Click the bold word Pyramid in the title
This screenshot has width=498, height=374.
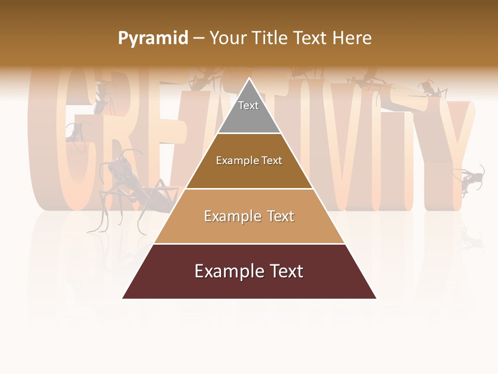[153, 38]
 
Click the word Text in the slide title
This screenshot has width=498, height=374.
[311, 38]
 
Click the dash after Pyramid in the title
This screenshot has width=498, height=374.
[199, 38]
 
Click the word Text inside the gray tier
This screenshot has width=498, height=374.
[248, 105]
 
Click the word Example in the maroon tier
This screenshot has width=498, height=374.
[226, 271]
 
